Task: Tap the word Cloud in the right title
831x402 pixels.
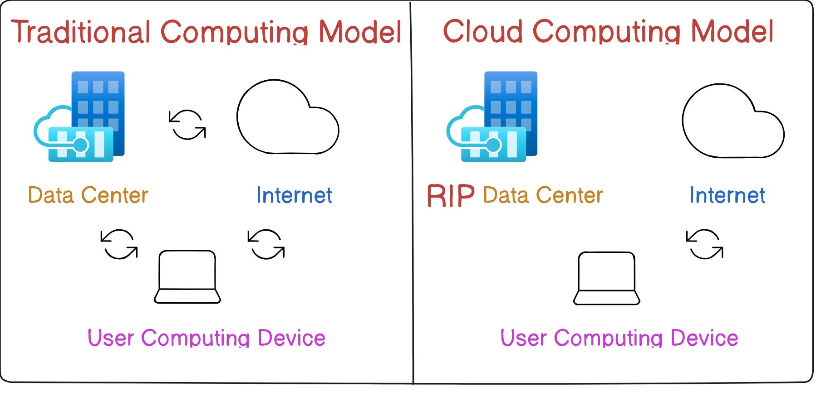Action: click(483, 31)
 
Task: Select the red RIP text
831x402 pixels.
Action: click(451, 196)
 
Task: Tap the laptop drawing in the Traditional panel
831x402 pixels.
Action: click(187, 276)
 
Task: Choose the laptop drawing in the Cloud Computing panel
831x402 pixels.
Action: click(607, 278)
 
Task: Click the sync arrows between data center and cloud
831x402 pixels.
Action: click(187, 124)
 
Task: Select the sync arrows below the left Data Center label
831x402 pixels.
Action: click(119, 244)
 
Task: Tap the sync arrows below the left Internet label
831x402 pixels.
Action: click(266, 244)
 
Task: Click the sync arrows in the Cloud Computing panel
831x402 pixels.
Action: click(705, 244)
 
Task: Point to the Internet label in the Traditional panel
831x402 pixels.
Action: click(295, 195)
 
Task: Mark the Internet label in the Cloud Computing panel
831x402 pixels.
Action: click(728, 195)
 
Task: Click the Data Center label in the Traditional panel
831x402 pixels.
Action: click(88, 195)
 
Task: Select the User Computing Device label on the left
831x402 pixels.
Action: click(207, 338)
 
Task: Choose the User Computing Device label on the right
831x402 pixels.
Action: click(619, 338)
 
